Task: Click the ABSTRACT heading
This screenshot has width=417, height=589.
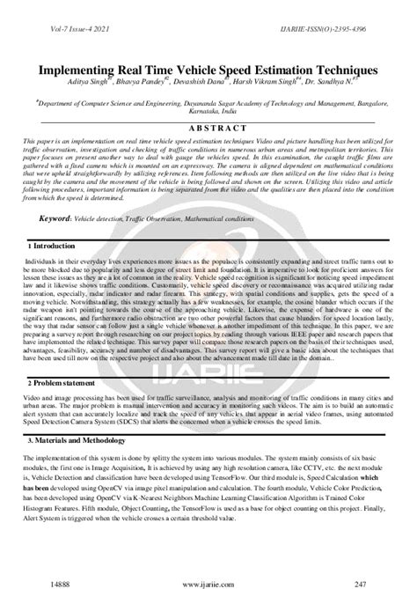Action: pyautogui.click(x=208, y=129)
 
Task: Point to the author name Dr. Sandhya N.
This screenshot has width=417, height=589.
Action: pyautogui.click(x=351, y=81)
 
